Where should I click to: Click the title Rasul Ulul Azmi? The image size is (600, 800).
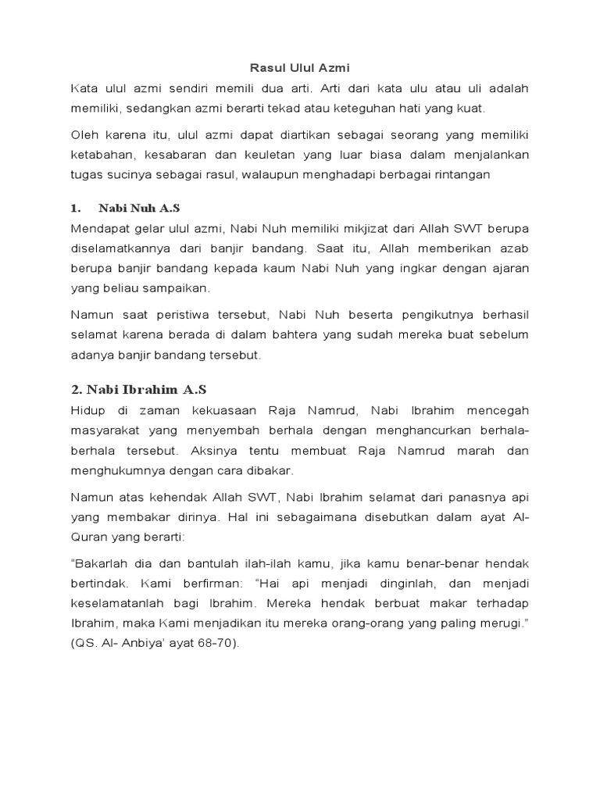click(300, 68)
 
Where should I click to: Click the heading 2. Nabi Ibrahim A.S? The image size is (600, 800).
click(138, 388)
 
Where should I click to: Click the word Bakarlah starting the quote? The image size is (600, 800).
click(98, 563)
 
